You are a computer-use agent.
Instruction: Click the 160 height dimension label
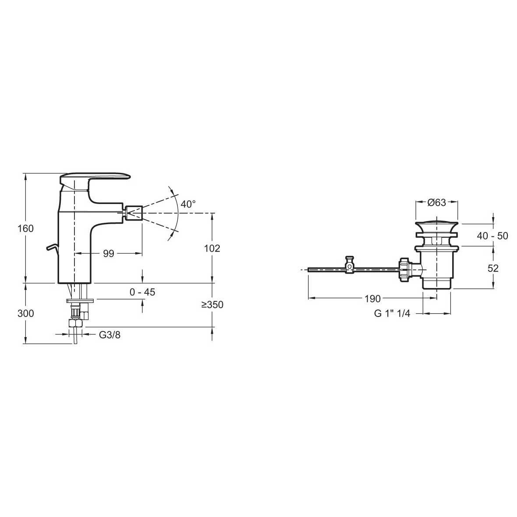pos(25,228)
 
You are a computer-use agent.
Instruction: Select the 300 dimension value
pos(25,313)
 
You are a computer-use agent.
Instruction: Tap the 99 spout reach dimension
pos(109,253)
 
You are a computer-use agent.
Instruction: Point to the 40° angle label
pos(188,204)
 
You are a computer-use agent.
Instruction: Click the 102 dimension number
pos(212,248)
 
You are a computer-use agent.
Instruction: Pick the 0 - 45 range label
pos(142,292)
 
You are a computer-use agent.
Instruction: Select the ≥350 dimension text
pos(212,305)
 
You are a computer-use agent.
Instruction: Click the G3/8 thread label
pos(110,335)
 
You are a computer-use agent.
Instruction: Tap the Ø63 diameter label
pos(436,202)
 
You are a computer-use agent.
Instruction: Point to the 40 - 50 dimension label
pos(492,236)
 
